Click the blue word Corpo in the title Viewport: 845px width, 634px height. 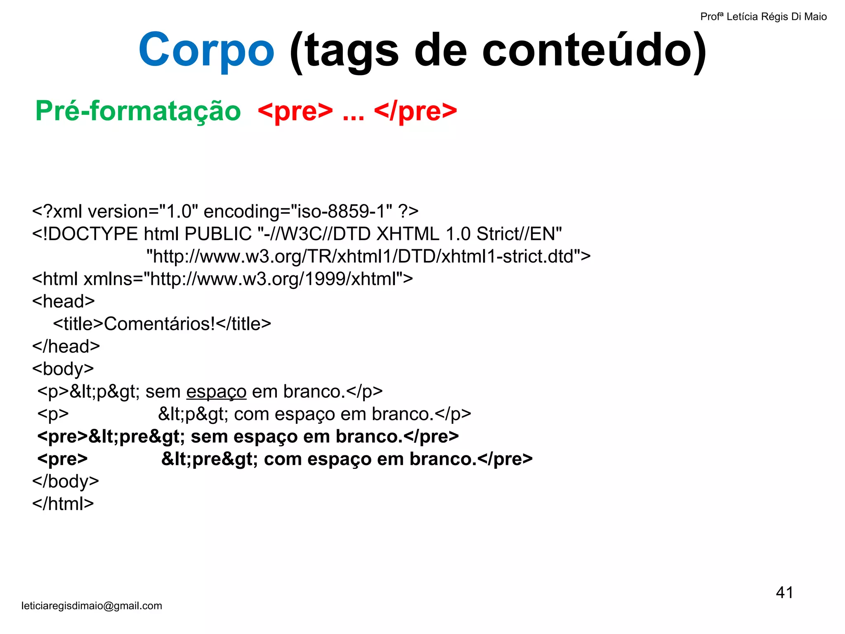click(206, 50)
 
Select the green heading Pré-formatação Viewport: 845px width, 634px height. click(138, 111)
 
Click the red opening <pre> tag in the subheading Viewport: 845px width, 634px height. click(295, 111)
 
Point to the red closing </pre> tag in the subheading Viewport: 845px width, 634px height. click(415, 111)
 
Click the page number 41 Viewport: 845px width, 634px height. click(784, 593)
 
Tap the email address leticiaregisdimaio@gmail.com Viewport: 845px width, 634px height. click(92, 606)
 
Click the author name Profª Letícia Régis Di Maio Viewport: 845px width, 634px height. click(763, 17)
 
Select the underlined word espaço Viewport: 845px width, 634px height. click(216, 392)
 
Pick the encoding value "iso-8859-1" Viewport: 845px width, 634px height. click(342, 212)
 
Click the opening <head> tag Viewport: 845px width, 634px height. click(64, 302)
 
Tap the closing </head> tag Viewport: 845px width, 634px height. click(66, 347)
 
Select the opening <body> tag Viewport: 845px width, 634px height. click(63, 369)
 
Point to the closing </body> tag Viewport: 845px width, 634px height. click(66, 482)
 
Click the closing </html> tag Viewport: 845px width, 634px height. click(63, 504)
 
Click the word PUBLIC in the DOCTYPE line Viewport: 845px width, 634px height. click(218, 234)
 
